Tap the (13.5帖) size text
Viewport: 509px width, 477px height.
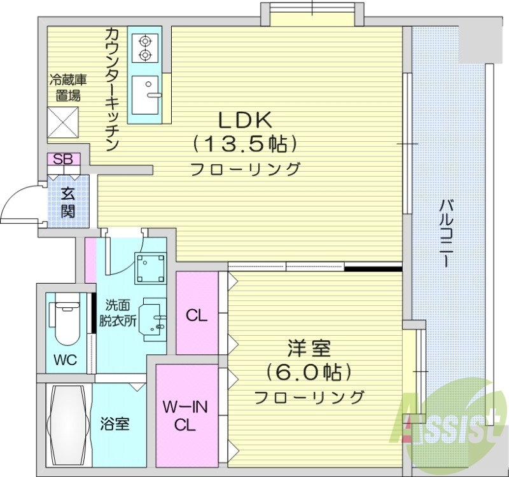pyautogui.click(x=246, y=144)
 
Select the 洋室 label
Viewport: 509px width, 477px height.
pyautogui.click(x=309, y=348)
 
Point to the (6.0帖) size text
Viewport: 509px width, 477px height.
pyautogui.click(x=309, y=371)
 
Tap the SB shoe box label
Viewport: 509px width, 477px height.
pyautogui.click(x=62, y=159)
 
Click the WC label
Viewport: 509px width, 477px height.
pyautogui.click(x=65, y=361)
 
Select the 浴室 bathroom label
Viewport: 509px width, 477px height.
pyautogui.click(x=115, y=423)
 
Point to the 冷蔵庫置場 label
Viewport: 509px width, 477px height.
pyautogui.click(x=69, y=88)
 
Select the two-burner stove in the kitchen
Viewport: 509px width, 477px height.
pyautogui.click(x=145, y=48)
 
